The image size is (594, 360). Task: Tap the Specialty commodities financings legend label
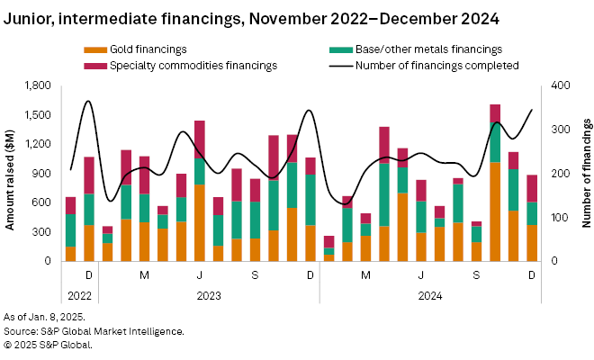click(189, 65)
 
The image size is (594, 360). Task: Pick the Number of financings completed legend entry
click(436, 65)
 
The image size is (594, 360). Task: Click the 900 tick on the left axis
click(42, 174)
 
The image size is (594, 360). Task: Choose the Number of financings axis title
click(584, 174)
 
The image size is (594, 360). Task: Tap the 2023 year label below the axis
click(208, 293)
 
